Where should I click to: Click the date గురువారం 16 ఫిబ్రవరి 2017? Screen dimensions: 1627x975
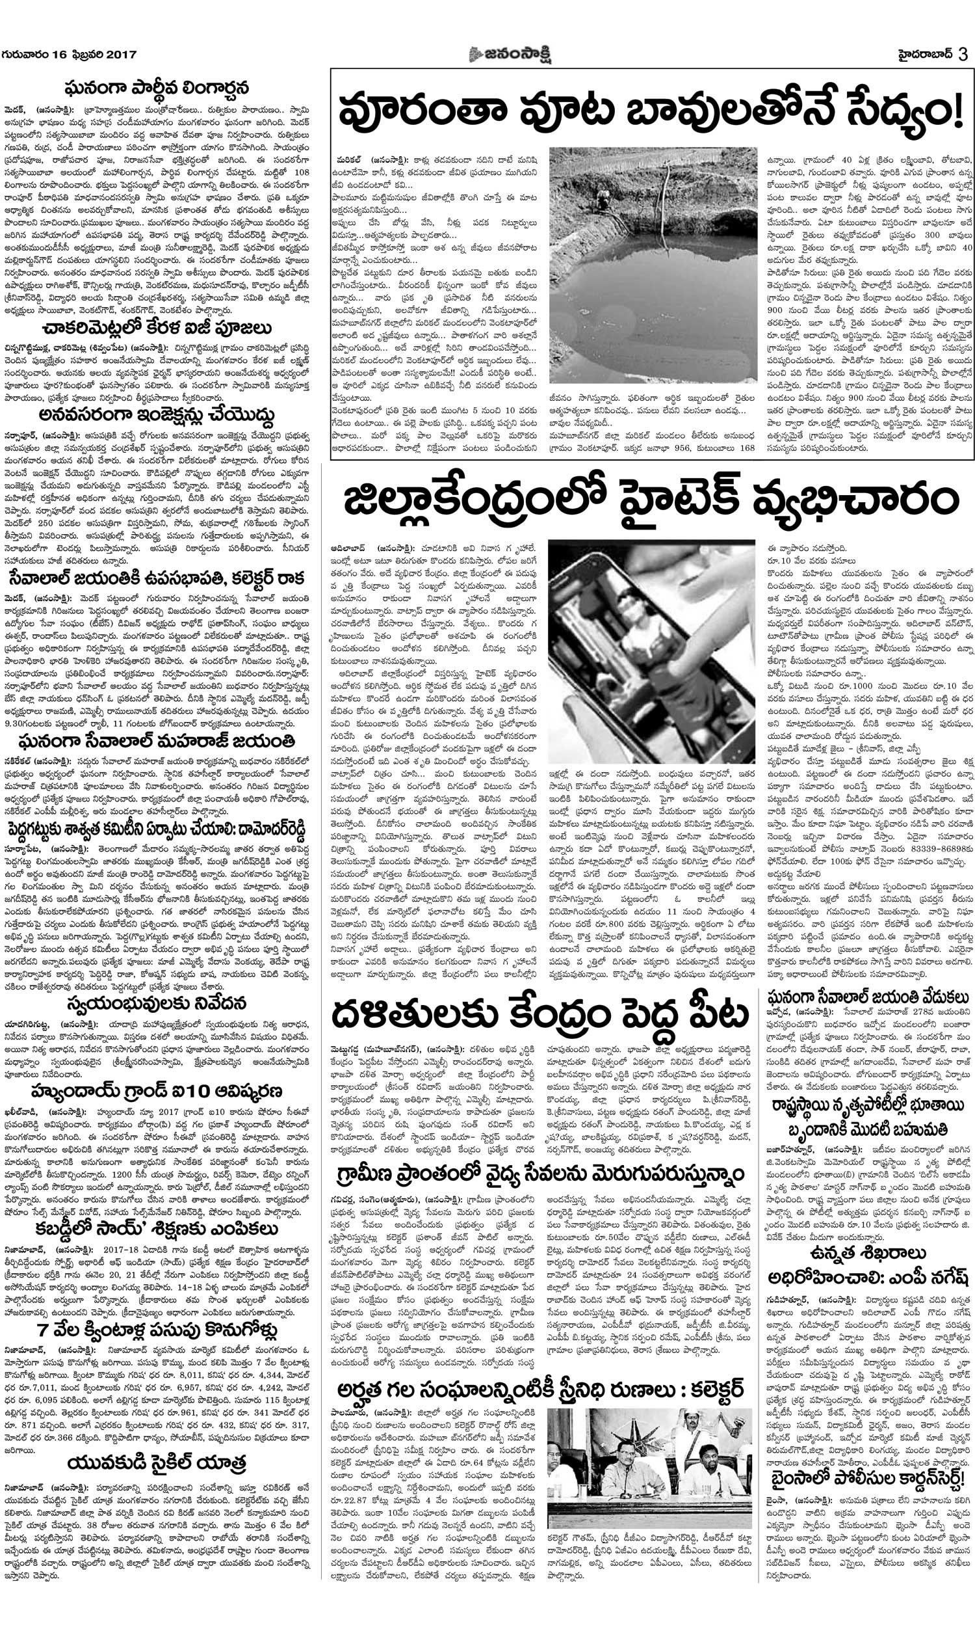tap(69, 55)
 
